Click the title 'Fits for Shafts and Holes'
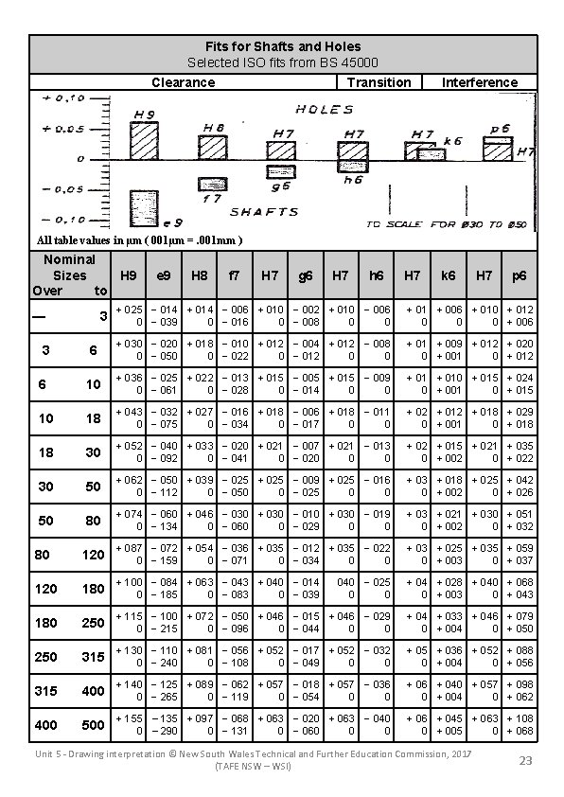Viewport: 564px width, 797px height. click(x=283, y=45)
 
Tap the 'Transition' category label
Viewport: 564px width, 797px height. click(x=379, y=82)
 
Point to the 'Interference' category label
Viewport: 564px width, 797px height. click(x=480, y=82)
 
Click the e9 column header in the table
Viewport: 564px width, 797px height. click(x=163, y=275)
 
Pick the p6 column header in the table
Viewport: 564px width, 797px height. click(x=520, y=275)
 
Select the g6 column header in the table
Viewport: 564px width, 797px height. click(x=306, y=275)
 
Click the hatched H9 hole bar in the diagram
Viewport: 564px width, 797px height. click(x=144, y=142)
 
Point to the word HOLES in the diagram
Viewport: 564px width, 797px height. click(x=325, y=110)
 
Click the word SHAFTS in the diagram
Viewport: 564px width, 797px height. click(x=264, y=212)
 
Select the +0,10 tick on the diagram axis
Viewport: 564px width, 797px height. click(x=63, y=97)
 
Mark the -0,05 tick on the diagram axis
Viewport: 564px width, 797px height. click(x=63, y=189)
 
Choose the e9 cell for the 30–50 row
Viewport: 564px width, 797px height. click(x=163, y=487)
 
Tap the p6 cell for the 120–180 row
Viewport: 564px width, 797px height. click(x=520, y=589)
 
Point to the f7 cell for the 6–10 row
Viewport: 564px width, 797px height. click(x=234, y=384)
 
